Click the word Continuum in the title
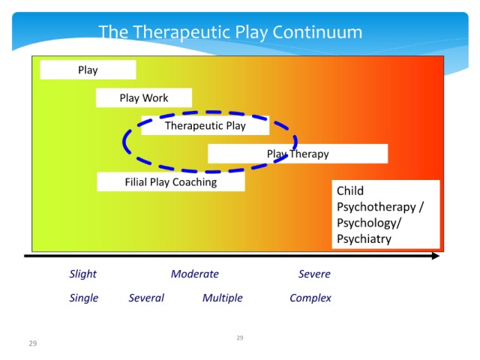click(317, 32)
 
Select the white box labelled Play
click(88, 70)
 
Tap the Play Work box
click(144, 98)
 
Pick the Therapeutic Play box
click(205, 125)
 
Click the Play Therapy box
click(298, 154)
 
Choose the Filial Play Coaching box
click(171, 181)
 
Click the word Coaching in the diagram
click(195, 182)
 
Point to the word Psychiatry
click(364, 238)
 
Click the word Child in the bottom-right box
click(350, 190)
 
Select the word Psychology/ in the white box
click(369, 223)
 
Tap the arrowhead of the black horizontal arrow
click(436, 256)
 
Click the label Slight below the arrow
click(82, 274)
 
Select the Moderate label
click(195, 274)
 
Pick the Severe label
click(314, 274)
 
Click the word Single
click(83, 298)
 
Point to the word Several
click(146, 298)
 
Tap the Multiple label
click(223, 298)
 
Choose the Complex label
click(310, 298)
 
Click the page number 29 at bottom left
click(33, 343)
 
